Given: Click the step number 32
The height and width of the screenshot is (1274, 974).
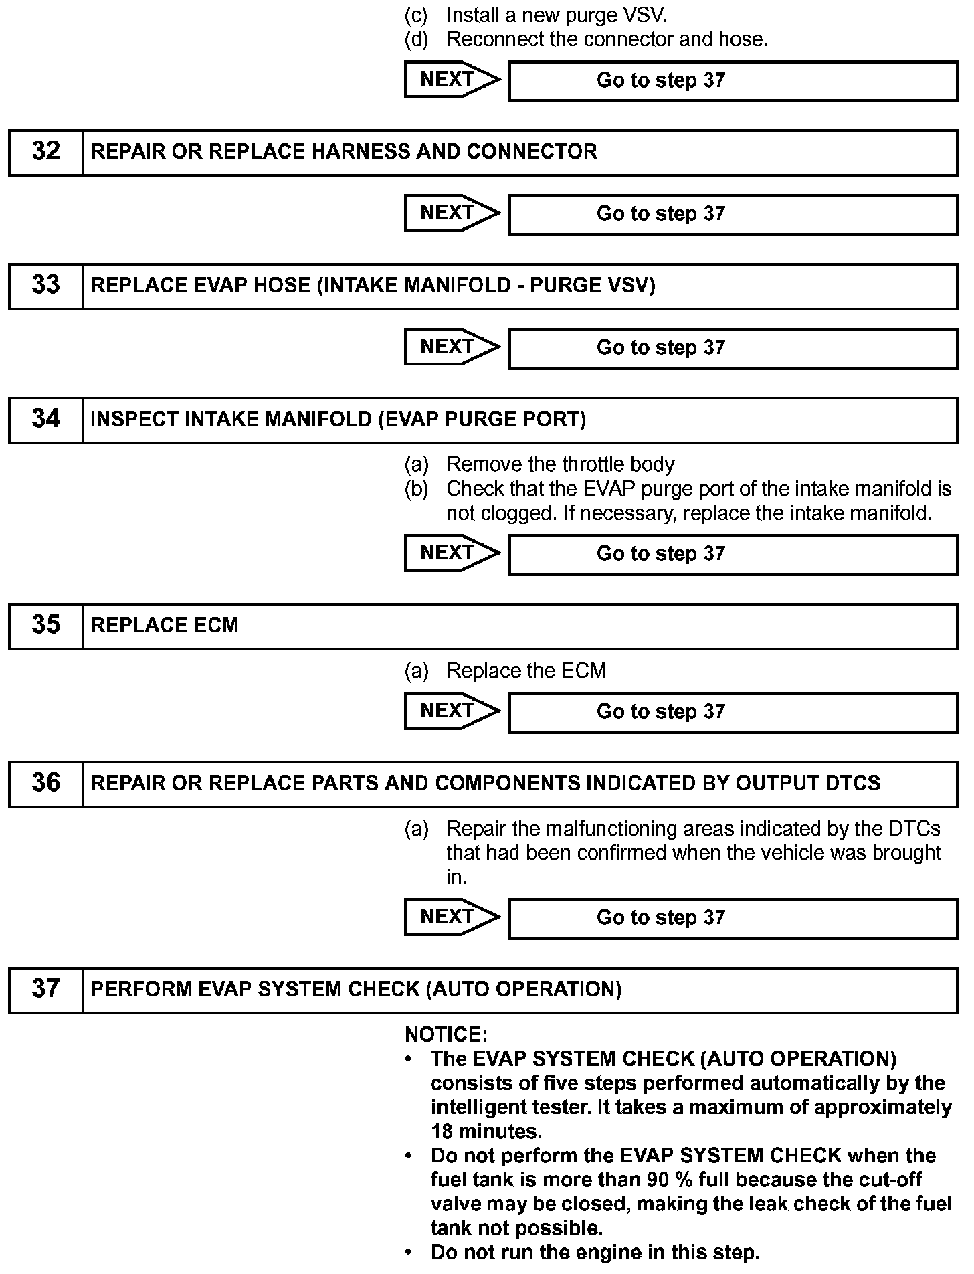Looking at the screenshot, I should coord(45,152).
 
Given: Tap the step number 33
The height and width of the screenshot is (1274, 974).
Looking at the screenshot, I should coord(45,286).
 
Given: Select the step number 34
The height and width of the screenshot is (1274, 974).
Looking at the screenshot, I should coord(45,420).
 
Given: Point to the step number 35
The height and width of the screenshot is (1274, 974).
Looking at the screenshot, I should coord(45,626).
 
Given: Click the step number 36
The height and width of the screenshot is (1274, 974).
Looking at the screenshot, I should coord(45,784).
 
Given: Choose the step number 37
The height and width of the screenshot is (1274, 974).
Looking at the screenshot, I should coord(45,990).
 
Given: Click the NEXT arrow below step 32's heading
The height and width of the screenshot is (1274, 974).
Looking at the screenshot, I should coord(452,213).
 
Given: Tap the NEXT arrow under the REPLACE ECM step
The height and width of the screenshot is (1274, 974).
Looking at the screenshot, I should coord(452,711).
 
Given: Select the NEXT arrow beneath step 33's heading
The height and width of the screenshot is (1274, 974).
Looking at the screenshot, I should coord(452,347).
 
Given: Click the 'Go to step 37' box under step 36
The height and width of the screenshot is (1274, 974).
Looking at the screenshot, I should coord(733,918).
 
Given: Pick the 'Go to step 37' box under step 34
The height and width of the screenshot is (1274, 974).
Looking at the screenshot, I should coord(733,554).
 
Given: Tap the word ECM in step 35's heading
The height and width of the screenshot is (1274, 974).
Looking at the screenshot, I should coord(217,626).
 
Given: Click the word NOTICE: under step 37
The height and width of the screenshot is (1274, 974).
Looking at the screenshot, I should coord(446,1035).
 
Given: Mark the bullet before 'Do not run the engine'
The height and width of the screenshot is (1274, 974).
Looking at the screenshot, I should coord(409,1252).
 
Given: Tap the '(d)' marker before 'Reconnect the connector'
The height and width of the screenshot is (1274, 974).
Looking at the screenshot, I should coord(416,39).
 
